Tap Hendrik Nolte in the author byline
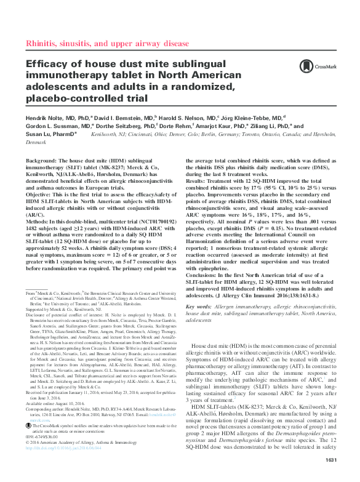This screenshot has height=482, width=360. pos(42,116)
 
